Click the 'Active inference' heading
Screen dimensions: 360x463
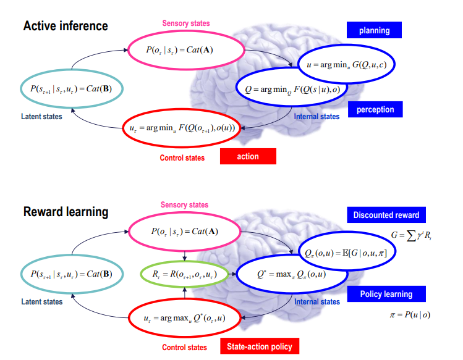(x=66, y=26)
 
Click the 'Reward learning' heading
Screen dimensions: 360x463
(x=66, y=212)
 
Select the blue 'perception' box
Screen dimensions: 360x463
(x=375, y=110)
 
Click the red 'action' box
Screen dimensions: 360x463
(x=248, y=156)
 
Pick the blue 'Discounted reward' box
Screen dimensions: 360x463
(x=386, y=215)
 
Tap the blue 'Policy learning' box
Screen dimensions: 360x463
(x=386, y=294)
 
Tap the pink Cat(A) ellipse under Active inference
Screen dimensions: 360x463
(x=184, y=50)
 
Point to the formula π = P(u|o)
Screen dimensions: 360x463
(x=408, y=316)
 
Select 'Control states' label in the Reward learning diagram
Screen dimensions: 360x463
(x=184, y=348)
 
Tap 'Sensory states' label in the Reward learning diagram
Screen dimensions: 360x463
(x=184, y=205)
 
